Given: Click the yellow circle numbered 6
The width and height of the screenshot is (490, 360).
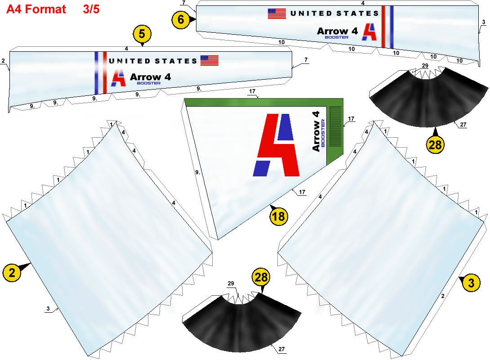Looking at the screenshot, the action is [181, 20].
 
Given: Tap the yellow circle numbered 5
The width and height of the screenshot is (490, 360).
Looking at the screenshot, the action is [142, 34].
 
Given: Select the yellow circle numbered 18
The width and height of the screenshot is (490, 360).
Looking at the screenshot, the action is [278, 216].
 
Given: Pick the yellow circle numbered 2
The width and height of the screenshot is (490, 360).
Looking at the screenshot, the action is [12, 273].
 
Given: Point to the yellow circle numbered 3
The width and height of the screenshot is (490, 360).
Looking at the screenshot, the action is [471, 283].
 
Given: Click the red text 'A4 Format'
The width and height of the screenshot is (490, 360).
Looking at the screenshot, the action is [36, 9].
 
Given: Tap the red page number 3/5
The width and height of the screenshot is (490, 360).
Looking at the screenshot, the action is [91, 9].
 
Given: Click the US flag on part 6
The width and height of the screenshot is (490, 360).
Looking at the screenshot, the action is [277, 14].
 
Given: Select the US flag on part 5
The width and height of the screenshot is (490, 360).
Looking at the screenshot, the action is [209, 60].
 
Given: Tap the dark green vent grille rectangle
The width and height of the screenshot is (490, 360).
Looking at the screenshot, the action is [336, 126].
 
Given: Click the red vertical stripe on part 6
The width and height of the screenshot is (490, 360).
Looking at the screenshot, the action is [383, 27].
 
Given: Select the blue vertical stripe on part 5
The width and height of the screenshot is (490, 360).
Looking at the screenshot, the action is [97, 73].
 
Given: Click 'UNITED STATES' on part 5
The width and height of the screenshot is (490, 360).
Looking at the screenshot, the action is [153, 61].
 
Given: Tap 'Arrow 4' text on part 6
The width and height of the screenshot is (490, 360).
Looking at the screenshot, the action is [337, 31].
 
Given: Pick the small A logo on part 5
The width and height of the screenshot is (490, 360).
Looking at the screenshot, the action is [118, 78].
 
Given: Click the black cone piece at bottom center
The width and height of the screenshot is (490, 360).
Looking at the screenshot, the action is [242, 323].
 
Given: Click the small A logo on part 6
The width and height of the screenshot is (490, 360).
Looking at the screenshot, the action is [370, 32].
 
